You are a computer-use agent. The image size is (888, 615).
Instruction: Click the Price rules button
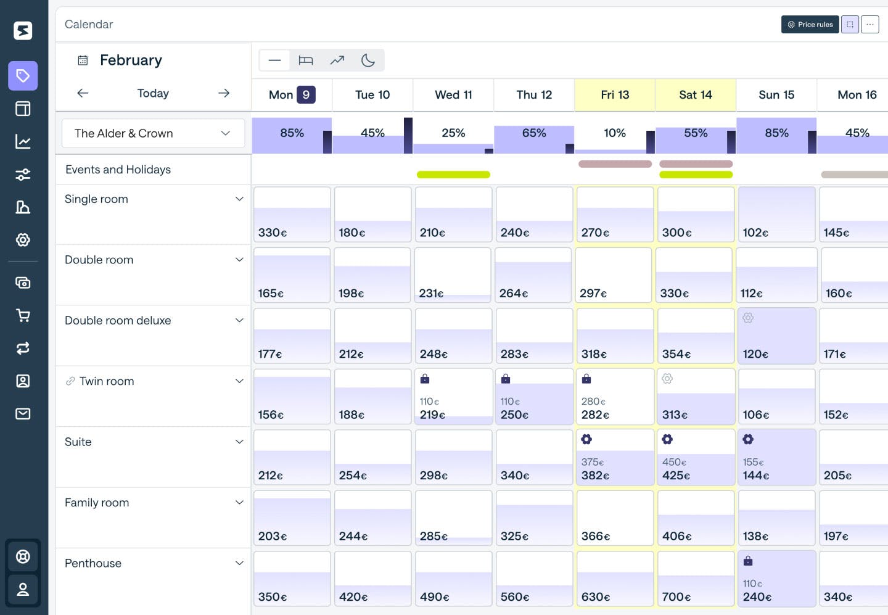810,25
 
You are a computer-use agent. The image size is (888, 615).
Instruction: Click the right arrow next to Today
224,93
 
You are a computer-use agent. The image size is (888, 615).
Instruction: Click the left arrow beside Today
83,93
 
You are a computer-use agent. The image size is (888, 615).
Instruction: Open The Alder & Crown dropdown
153,133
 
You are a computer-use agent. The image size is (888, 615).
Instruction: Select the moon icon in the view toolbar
368,60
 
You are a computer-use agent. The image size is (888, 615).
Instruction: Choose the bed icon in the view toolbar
306,60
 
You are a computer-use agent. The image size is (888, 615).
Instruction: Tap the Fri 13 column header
615,95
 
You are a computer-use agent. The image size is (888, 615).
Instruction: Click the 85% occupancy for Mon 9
292,133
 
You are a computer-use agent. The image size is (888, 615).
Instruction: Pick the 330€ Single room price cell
292,215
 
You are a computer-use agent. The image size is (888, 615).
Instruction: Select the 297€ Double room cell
614,275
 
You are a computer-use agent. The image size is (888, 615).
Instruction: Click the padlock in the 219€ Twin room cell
425,379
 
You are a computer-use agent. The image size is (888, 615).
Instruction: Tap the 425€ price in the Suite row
676,476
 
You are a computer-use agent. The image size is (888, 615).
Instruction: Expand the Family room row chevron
239,503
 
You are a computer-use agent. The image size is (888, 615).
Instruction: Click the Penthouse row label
93,563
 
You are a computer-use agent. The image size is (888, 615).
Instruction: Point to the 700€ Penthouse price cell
696,579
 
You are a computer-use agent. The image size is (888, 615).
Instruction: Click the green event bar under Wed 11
453,175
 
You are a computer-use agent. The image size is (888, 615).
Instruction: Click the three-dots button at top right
869,25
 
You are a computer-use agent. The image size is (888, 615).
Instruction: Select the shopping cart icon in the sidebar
23,316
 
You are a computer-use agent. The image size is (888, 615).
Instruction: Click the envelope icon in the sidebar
23,413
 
